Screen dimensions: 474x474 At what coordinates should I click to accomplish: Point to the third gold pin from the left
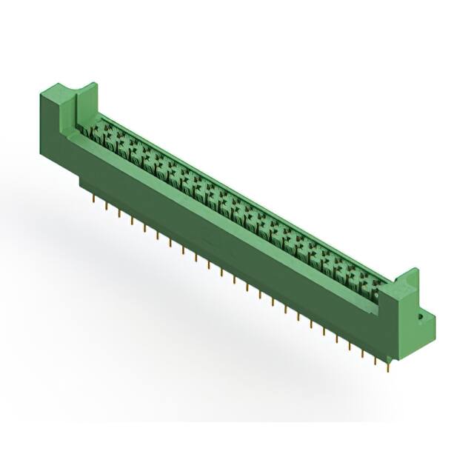click(x=118, y=212)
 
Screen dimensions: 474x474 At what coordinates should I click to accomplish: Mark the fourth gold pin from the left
click(x=132, y=218)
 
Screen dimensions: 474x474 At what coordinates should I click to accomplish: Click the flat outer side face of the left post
click(x=52, y=126)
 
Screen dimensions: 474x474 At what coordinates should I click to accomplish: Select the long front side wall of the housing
click(x=222, y=237)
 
